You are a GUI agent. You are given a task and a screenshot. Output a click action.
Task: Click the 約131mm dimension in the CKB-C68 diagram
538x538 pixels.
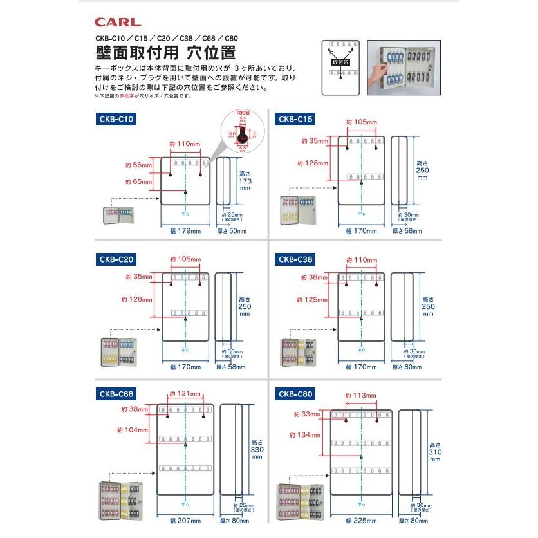185,394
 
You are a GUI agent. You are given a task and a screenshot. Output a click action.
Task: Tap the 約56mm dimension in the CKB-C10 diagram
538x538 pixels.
138,165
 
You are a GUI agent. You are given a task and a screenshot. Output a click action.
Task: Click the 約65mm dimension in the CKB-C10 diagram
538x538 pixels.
138,182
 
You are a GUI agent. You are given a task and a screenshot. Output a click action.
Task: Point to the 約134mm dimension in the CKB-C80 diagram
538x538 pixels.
305,435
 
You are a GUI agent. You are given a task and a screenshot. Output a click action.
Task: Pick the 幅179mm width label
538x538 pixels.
185,230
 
